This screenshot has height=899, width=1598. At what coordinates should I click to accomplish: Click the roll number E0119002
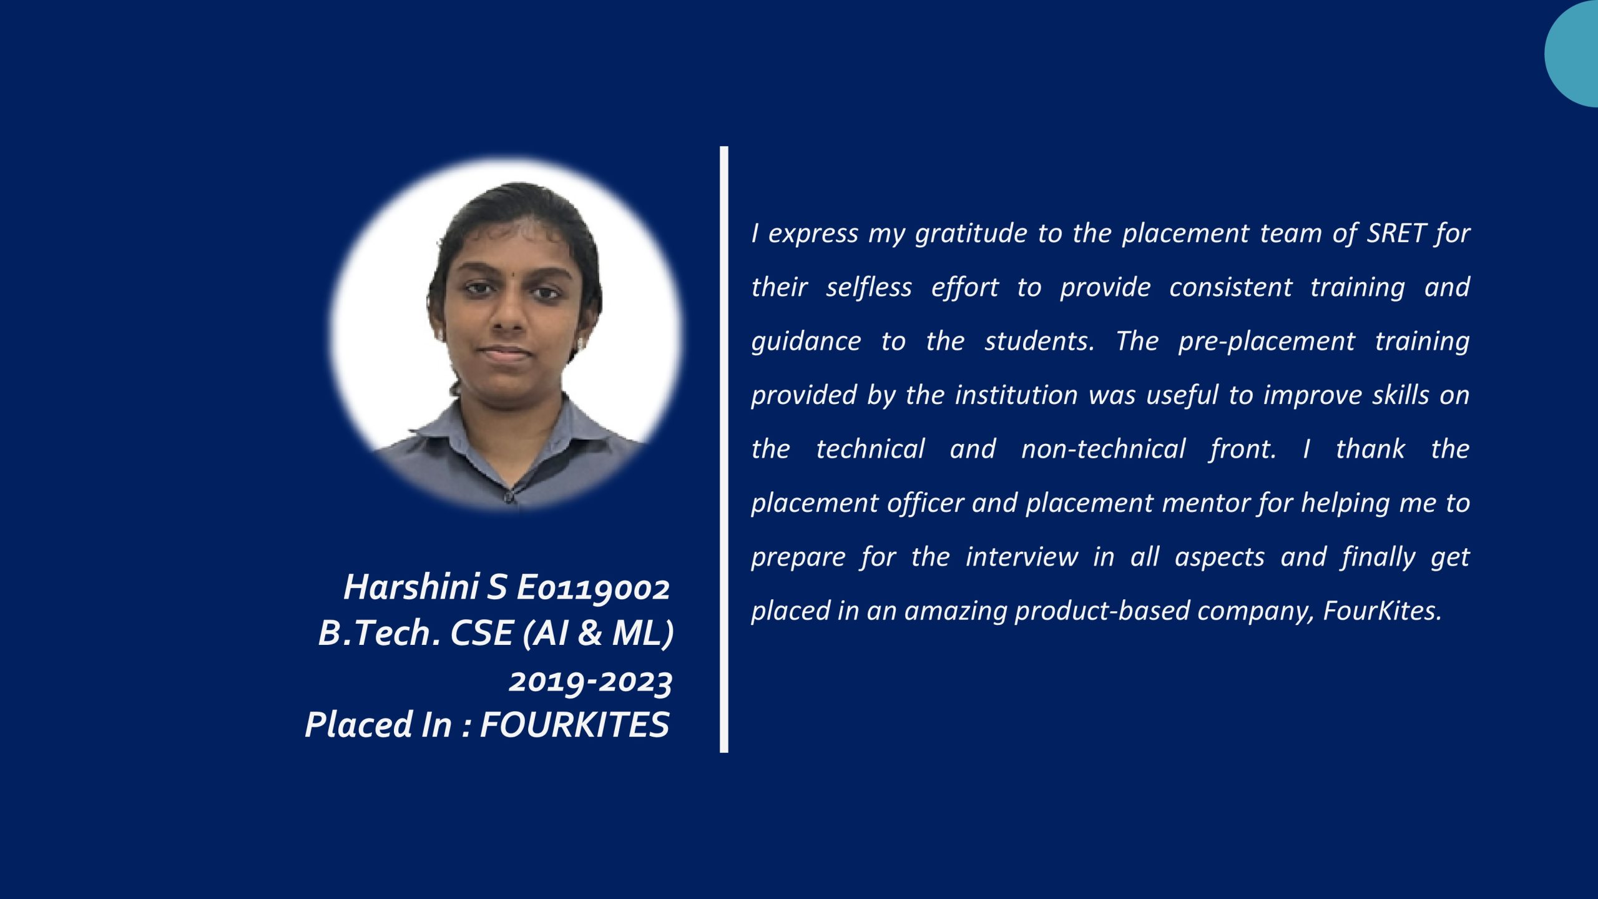coord(593,588)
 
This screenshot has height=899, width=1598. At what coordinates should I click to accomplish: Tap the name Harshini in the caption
coord(411,587)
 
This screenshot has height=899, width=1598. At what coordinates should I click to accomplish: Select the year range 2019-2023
coord(591,682)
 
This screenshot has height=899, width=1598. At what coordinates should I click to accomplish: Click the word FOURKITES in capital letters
coord(574,725)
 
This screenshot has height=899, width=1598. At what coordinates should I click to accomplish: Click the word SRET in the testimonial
coord(1396,233)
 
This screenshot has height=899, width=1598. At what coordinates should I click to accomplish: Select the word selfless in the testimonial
coord(868,287)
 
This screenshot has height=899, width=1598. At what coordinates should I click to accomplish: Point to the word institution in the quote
coord(1016,395)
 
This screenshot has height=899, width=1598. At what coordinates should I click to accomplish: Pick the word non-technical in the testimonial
coord(1103,449)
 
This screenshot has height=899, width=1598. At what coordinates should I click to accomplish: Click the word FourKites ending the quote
coord(1381,611)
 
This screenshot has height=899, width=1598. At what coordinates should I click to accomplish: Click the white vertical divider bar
coord(723,449)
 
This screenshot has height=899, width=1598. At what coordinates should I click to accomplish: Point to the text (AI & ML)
coord(598,633)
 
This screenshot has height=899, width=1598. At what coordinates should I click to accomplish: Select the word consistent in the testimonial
coord(1230,287)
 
